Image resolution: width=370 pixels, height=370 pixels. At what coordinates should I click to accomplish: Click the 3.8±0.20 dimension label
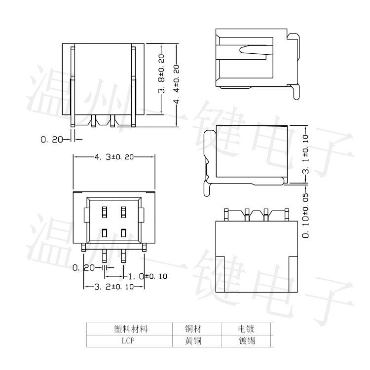(161, 77)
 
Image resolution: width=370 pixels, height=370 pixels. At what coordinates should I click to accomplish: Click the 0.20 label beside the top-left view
(52, 140)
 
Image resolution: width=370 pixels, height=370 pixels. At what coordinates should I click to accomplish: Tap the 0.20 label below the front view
(83, 268)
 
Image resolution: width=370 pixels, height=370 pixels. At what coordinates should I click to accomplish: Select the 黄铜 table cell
(193, 340)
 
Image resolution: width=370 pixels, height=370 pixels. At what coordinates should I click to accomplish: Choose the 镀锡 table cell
(246, 340)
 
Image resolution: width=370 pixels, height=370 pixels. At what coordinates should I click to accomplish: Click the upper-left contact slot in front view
(105, 212)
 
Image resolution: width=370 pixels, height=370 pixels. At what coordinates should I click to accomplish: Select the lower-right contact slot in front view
(123, 233)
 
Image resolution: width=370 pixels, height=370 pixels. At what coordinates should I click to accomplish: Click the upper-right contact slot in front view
(123, 212)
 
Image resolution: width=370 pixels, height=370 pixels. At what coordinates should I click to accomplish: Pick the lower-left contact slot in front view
(105, 233)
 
